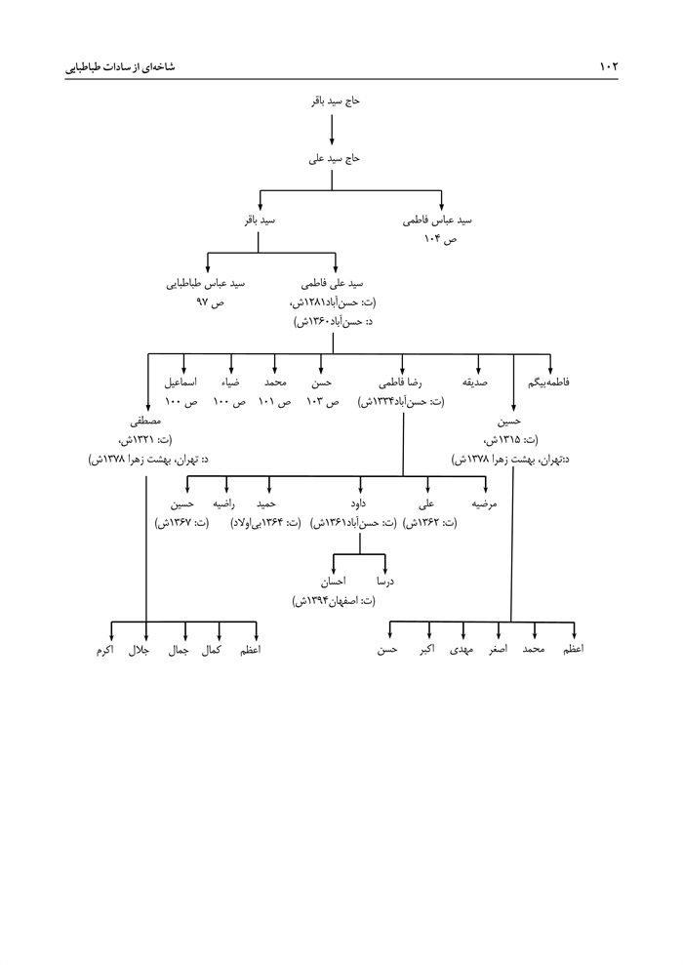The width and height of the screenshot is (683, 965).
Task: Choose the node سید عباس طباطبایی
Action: pyautogui.click(x=206, y=284)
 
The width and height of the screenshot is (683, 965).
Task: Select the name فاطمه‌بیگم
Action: pyautogui.click(x=548, y=383)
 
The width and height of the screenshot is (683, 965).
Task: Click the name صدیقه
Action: pyautogui.click(x=475, y=383)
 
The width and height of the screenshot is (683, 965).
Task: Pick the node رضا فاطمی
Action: pyautogui.click(x=401, y=383)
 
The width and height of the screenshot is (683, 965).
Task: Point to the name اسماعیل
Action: pyautogui.click(x=180, y=383)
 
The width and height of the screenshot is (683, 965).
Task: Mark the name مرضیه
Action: pyautogui.click(x=485, y=504)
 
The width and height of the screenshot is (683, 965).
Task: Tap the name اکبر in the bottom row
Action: pyautogui.click(x=427, y=649)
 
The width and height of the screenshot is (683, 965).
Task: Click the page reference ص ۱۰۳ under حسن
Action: pyautogui.click(x=320, y=401)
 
